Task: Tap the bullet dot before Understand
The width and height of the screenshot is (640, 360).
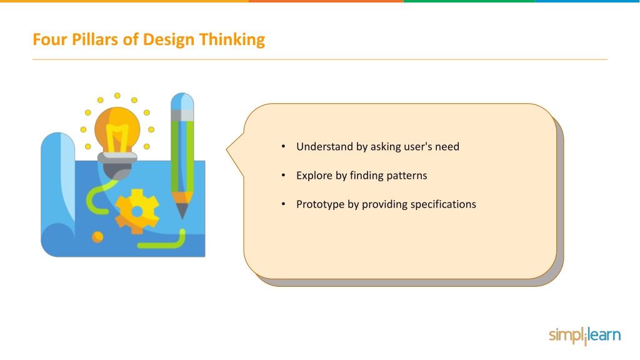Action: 283,146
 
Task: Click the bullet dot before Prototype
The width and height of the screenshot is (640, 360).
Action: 283,204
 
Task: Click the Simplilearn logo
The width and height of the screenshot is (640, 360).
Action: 584,336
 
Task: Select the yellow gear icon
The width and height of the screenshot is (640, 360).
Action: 137,211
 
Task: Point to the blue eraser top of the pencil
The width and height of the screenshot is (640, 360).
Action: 182,101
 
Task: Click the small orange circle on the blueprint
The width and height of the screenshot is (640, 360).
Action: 97,237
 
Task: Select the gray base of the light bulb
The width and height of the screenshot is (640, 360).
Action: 117,165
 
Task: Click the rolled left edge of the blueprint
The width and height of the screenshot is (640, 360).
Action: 57,194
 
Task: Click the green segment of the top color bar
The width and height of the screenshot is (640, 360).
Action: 469,1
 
